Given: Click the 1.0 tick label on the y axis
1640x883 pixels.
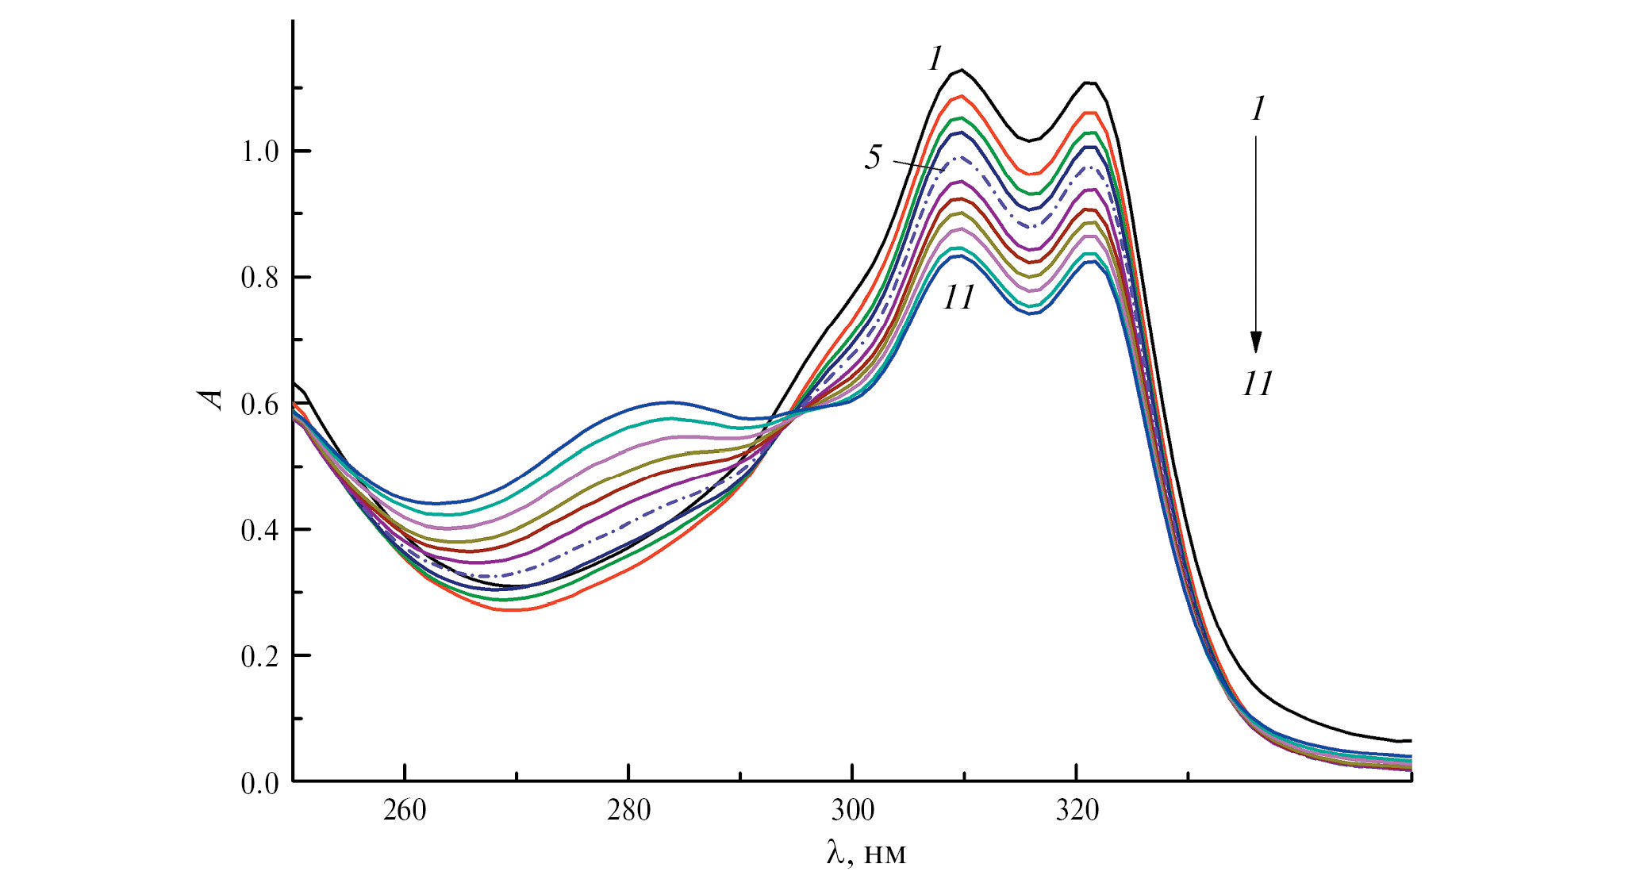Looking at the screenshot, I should click(x=260, y=152).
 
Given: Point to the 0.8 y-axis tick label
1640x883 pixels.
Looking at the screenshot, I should click(x=260, y=278).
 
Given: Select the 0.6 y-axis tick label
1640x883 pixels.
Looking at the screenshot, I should click(x=260, y=404).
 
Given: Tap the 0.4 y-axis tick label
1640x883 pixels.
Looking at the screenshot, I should click(x=260, y=530).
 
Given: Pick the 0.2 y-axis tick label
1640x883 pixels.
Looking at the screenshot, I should click(x=260, y=656).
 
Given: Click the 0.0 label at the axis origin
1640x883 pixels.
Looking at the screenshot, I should click(x=260, y=783).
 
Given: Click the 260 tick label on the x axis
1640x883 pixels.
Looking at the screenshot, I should click(x=405, y=810).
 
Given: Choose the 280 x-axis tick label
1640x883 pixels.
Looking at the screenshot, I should click(x=628, y=810).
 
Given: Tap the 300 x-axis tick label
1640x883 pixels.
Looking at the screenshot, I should click(x=852, y=810).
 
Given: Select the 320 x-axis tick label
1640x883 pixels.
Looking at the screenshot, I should click(x=1077, y=810).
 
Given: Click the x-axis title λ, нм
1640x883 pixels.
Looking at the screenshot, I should click(x=866, y=853).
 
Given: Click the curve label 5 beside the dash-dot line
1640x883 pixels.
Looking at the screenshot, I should click(x=873, y=157).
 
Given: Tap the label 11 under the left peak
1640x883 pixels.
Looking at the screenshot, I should click(x=958, y=298).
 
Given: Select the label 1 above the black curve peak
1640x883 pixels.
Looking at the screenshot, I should click(x=936, y=59).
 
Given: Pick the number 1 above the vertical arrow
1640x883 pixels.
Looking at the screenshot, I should click(x=1257, y=109).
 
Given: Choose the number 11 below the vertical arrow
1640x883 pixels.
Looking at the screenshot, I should click(x=1257, y=384).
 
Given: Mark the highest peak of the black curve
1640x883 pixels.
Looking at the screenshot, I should click(x=962, y=71).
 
